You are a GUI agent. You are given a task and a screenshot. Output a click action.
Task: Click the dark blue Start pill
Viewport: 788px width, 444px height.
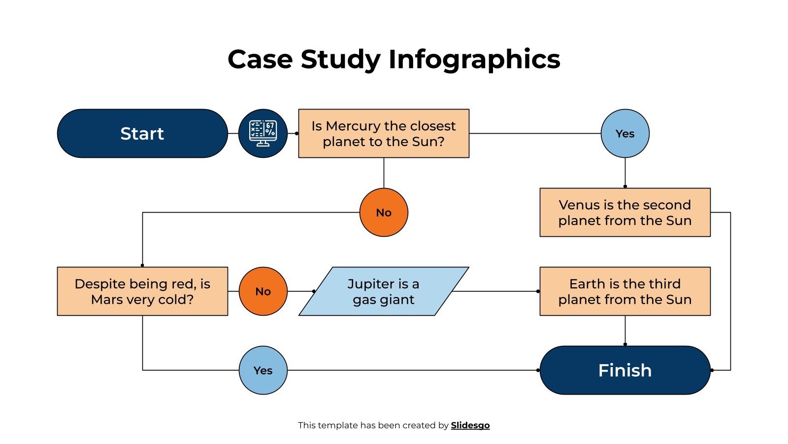tap(142, 134)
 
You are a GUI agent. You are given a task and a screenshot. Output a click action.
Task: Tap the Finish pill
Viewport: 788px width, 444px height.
tap(625, 370)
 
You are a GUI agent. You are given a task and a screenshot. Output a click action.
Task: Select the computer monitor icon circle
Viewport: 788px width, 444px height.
tap(263, 134)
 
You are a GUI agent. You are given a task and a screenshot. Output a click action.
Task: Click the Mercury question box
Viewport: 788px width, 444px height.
tap(384, 134)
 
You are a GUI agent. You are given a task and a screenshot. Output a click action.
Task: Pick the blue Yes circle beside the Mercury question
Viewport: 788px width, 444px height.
tap(625, 134)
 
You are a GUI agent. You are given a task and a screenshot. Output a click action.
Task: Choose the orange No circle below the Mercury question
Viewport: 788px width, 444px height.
tap(384, 213)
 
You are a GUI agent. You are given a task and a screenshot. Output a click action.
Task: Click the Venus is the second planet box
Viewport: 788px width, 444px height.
tap(625, 213)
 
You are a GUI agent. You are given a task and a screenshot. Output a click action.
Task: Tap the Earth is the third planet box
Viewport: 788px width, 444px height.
tap(625, 292)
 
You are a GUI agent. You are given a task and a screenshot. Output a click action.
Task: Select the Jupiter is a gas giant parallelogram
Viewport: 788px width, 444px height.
tap(384, 292)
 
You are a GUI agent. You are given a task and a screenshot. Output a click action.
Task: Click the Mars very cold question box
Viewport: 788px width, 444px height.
tap(142, 292)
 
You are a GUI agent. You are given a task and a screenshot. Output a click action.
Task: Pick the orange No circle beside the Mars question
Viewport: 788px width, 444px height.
tap(263, 292)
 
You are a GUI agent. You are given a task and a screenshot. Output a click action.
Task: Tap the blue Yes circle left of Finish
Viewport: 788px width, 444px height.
tap(263, 370)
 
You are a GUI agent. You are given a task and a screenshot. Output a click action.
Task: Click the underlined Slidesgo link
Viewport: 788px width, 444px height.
tap(470, 425)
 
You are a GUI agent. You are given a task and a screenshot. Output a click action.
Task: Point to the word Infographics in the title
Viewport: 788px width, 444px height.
tap(474, 60)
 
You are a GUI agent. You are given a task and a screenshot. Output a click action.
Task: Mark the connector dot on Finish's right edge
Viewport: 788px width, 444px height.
tap(712, 370)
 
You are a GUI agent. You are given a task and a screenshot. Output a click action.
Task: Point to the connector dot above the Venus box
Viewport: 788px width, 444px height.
tap(625, 186)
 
